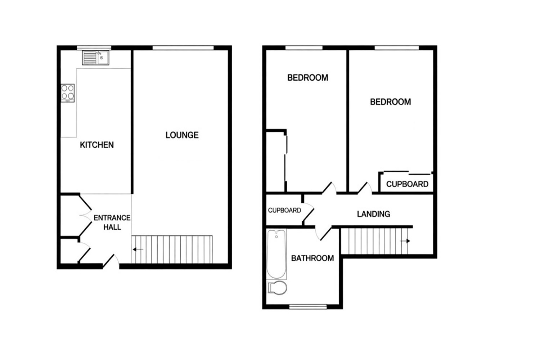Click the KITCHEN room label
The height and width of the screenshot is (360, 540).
pyautogui.click(x=97, y=145)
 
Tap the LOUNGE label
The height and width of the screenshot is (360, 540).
pyautogui.click(x=182, y=135)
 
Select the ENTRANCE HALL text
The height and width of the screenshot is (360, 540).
pyautogui.click(x=112, y=222)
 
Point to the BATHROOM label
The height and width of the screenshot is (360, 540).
pyautogui.click(x=312, y=258)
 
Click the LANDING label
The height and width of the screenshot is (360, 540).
pyautogui.click(x=373, y=214)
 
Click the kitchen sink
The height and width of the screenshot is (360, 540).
pyautogui.click(x=95, y=58)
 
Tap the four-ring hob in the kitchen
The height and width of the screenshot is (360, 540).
pyautogui.click(x=68, y=93)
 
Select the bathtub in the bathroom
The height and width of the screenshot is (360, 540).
pyautogui.click(x=276, y=255)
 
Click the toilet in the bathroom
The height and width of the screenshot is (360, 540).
pyautogui.click(x=277, y=288)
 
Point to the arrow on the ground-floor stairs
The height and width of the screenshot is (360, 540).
pyautogui.click(x=138, y=249)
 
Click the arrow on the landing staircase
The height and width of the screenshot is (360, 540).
pyautogui.click(x=405, y=241)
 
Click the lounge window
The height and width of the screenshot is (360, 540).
pyautogui.click(x=183, y=48)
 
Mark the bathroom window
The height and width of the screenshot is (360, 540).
pyautogui.click(x=308, y=307)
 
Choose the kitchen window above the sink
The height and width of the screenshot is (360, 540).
pyautogui.click(x=94, y=48)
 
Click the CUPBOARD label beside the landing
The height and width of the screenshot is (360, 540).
pyautogui.click(x=284, y=211)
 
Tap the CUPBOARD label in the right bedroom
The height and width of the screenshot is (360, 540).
pyautogui.click(x=407, y=184)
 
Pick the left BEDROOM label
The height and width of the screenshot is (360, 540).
pyautogui.click(x=307, y=78)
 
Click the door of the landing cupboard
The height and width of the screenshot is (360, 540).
pyautogui.click(x=308, y=212)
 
